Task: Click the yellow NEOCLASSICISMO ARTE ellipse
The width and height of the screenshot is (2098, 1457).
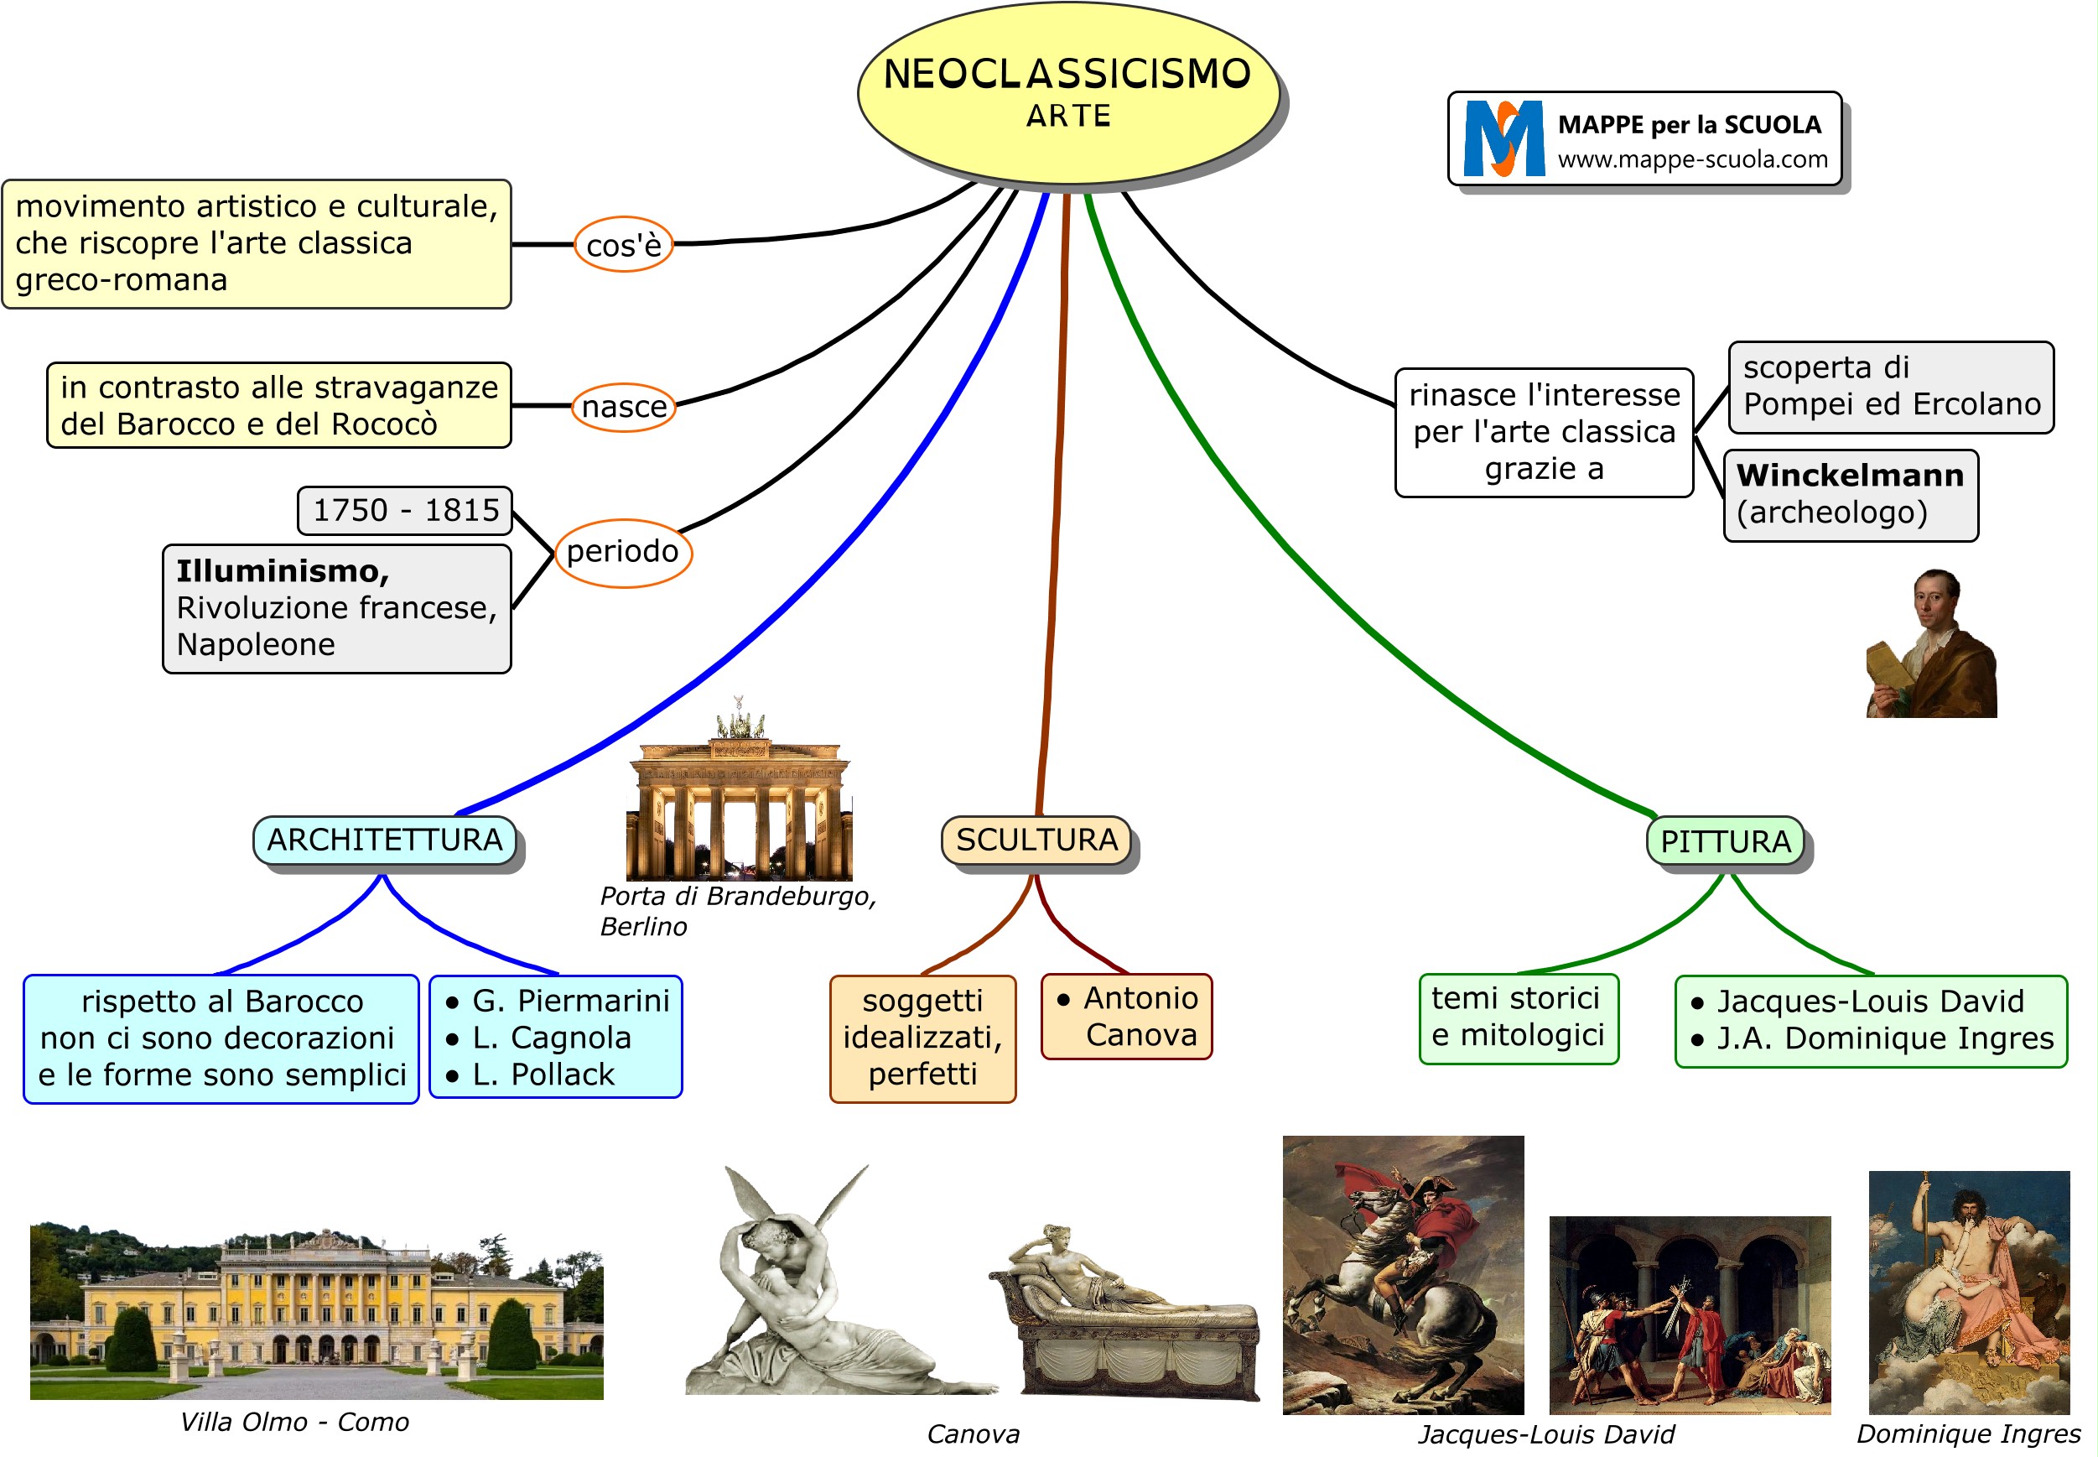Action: tap(1067, 92)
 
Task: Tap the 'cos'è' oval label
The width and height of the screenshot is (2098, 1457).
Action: tap(623, 245)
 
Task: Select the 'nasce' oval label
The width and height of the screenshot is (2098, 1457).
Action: tap(624, 406)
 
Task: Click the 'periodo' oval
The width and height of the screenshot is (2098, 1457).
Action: tap(622, 551)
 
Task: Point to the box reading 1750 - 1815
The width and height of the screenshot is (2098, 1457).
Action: tap(405, 510)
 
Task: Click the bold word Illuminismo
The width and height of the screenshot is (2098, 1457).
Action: tap(282, 571)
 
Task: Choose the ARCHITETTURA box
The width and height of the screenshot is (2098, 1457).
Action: tap(384, 840)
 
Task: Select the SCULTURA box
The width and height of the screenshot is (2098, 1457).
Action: tap(1036, 840)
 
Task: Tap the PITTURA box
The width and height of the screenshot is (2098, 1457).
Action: tap(1725, 841)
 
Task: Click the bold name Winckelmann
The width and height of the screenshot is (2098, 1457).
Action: tap(1850, 476)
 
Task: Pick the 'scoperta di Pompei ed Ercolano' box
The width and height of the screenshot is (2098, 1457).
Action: tap(1891, 386)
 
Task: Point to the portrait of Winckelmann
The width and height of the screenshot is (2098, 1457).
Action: tap(1931, 643)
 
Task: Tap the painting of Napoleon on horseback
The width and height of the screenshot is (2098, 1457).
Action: tap(1403, 1274)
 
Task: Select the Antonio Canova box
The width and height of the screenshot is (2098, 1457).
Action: tap(1126, 1016)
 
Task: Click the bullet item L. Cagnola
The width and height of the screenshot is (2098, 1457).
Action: tap(551, 1038)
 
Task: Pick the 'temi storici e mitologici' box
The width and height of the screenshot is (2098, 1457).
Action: tap(1519, 1018)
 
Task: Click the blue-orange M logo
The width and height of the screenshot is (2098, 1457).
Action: tap(1503, 138)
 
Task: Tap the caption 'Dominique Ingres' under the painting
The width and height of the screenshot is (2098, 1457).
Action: tap(1968, 1434)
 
